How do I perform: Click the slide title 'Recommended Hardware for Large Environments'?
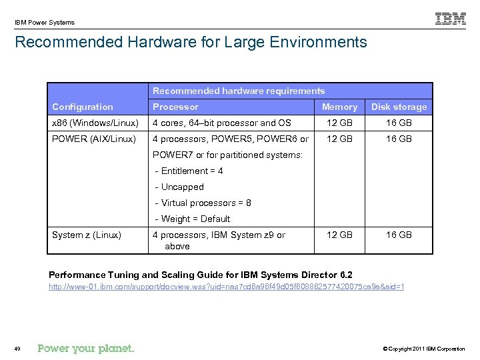191,43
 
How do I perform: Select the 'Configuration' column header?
83,107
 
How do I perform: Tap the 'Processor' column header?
175,107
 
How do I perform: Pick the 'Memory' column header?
339,107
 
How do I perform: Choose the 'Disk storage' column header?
399,107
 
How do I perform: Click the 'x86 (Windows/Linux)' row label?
95,123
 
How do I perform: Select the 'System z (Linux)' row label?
87,235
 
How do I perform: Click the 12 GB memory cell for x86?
339,123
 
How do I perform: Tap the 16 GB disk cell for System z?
399,235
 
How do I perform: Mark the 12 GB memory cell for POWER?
339,139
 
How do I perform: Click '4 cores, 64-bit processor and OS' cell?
222,123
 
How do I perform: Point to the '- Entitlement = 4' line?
189,171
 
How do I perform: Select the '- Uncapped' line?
179,187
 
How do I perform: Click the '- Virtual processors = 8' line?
203,203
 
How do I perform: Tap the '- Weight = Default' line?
192,219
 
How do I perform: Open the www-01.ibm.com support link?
227,287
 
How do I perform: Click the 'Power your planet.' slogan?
86,348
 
